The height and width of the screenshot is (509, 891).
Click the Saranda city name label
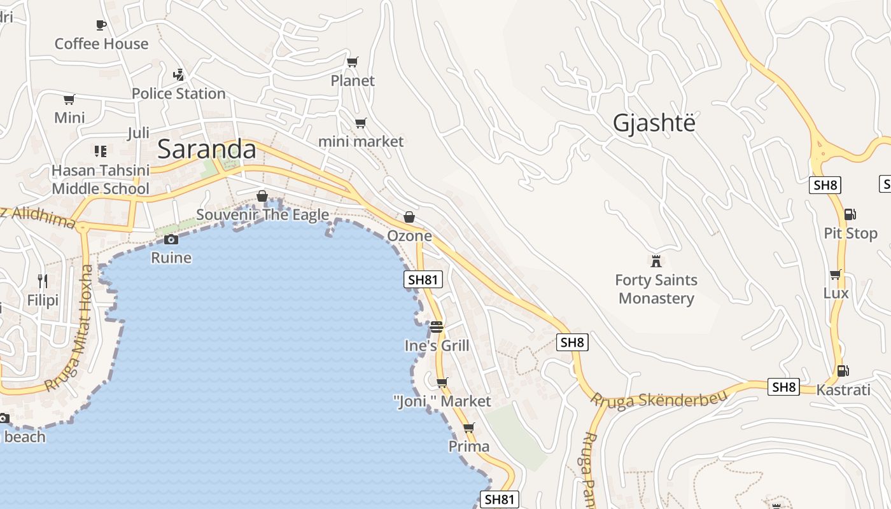point(206,150)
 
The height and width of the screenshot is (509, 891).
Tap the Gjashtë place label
point(654,123)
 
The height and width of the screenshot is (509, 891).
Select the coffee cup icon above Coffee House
point(101,25)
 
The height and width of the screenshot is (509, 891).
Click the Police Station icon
point(178,74)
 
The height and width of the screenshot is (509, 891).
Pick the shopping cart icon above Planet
point(352,62)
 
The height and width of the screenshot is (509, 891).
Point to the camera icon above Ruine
point(171,239)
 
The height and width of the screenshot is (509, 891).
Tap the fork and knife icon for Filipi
point(43,281)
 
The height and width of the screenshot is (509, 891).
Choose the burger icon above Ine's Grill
point(436,327)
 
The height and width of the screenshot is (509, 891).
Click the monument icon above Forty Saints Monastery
point(656,261)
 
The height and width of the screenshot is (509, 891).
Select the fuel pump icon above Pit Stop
point(850,214)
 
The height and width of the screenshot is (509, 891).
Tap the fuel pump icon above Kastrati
point(843,370)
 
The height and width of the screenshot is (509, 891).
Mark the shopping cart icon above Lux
point(835,274)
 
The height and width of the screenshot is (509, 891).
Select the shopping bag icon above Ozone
point(409,217)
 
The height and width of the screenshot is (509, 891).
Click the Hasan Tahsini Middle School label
point(101,179)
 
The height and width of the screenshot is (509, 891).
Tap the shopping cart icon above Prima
point(469,428)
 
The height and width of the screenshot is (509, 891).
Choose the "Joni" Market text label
point(442,401)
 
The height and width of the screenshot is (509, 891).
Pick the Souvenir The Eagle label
point(262,214)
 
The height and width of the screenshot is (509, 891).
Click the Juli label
point(138,133)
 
